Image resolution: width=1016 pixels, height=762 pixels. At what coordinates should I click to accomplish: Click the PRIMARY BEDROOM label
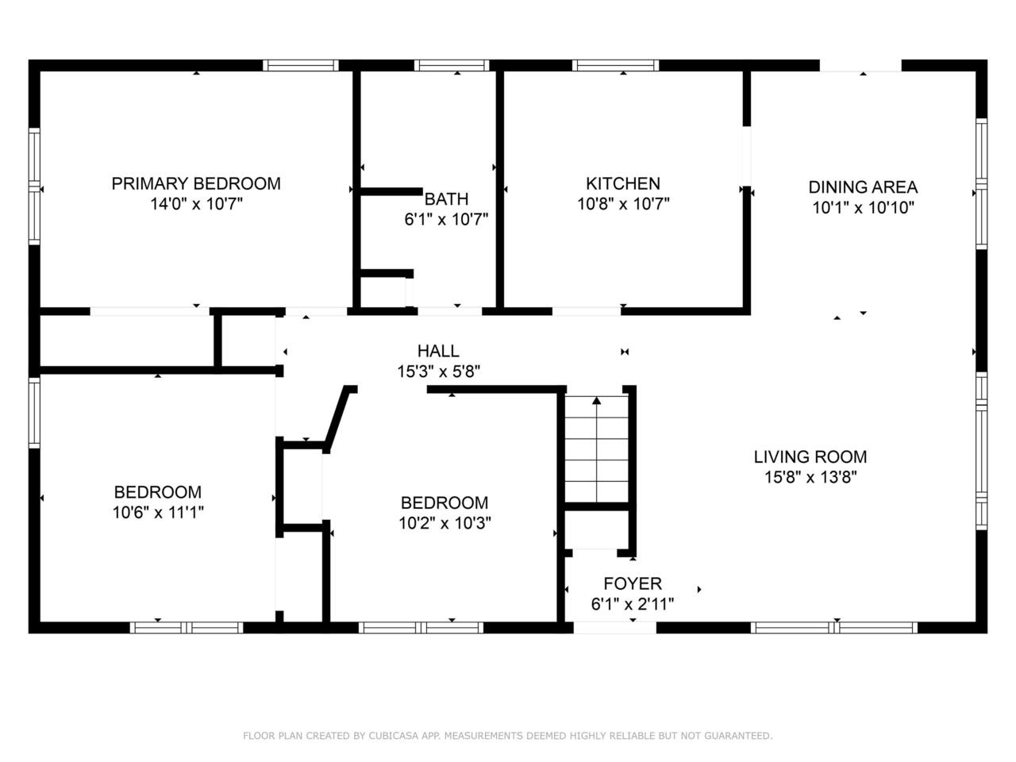coord(196,183)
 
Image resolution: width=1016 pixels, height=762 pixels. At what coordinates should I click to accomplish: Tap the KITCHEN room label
coord(623,183)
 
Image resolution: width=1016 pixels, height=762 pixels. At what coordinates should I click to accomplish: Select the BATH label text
coord(446,199)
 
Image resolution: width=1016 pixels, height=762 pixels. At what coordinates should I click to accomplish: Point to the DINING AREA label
coord(863,187)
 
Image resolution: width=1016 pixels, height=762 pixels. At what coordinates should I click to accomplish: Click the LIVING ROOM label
coord(810,456)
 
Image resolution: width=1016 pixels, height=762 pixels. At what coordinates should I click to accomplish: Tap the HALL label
coord(438,351)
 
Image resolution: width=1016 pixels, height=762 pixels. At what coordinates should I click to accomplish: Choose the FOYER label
coord(633,583)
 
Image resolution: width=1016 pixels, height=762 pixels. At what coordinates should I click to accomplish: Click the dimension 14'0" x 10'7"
coord(196,203)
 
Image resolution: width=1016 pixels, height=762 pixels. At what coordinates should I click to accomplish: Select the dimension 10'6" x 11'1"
coord(158,512)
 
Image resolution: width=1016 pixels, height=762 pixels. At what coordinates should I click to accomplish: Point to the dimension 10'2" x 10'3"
coord(444,523)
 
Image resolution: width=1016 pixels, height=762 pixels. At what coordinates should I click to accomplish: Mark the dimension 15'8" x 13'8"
coord(810,476)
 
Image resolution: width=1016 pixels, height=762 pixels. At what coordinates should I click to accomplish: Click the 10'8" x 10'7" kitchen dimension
coord(623,203)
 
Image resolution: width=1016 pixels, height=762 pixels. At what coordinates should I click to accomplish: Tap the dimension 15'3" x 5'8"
coord(438,371)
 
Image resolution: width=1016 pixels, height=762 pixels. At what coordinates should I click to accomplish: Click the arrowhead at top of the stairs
coord(597,401)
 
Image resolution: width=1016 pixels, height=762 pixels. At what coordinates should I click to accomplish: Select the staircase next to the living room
coord(597,448)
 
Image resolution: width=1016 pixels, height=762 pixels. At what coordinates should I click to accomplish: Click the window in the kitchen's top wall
coord(615,66)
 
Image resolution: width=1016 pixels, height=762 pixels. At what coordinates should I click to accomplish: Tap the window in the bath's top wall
coord(452,66)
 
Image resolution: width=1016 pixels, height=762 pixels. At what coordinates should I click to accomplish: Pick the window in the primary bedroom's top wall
coord(301,66)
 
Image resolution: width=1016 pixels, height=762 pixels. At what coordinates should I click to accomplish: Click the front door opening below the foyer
coord(614,628)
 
